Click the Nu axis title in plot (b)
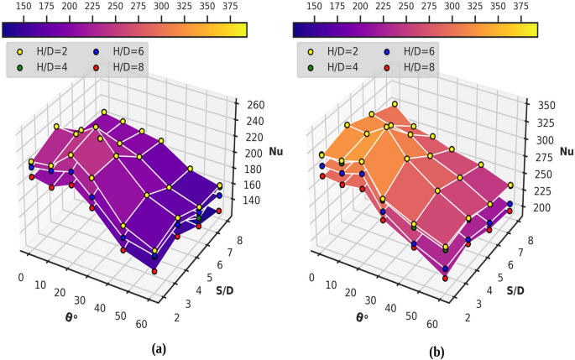566,152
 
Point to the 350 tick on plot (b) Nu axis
546,106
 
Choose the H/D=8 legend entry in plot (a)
117,66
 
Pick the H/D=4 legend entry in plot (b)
336,66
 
